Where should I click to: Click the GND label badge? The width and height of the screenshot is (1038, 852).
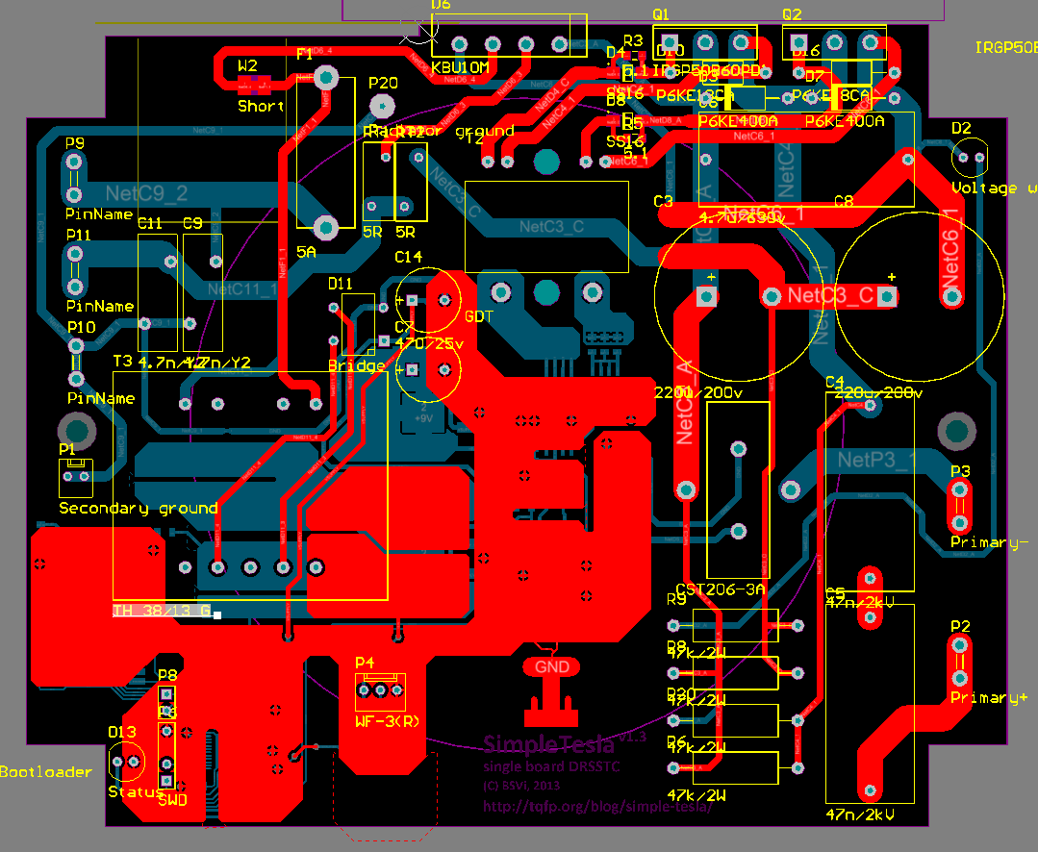551,666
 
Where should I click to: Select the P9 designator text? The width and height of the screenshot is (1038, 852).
75,143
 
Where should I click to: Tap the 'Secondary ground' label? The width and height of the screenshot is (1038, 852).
139,508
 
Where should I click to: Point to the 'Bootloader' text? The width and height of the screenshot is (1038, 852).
45,771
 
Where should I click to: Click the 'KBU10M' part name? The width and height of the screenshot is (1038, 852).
461,67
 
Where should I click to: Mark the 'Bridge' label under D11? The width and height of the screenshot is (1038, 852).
356,365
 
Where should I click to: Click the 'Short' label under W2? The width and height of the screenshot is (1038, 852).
261,106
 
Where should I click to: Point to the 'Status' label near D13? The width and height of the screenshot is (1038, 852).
136,791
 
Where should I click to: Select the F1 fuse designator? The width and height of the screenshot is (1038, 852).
305,55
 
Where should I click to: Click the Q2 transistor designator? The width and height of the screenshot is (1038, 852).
792,14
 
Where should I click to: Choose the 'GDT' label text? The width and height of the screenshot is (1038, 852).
480,315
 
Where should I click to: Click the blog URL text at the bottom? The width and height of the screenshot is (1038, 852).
596,807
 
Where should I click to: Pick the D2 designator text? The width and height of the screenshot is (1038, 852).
961,128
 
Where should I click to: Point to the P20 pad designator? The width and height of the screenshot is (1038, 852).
383,83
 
